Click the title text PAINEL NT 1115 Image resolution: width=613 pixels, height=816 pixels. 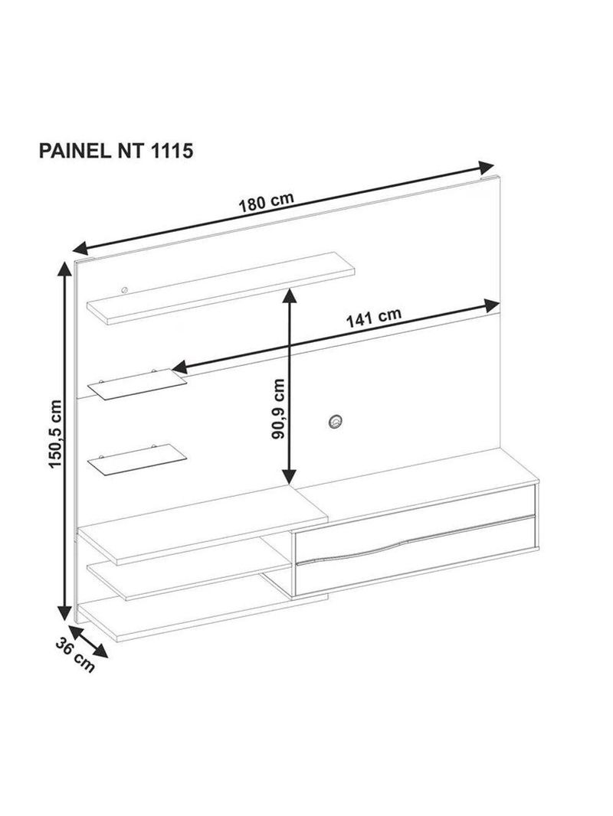pos(116,151)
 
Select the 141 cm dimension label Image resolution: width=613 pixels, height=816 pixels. pos(374,318)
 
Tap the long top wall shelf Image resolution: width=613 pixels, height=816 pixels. pos(221,288)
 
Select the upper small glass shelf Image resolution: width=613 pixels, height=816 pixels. pos(137,384)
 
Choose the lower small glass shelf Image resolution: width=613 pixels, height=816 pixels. pos(137,459)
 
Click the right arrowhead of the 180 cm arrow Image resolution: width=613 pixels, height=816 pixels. pos(487,168)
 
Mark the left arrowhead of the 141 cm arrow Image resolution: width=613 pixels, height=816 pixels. pos(179,367)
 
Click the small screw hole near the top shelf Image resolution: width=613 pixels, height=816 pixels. pos(124,290)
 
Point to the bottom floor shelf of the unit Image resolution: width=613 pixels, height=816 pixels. pos(202,619)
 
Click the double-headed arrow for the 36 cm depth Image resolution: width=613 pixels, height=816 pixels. pos(87,641)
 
